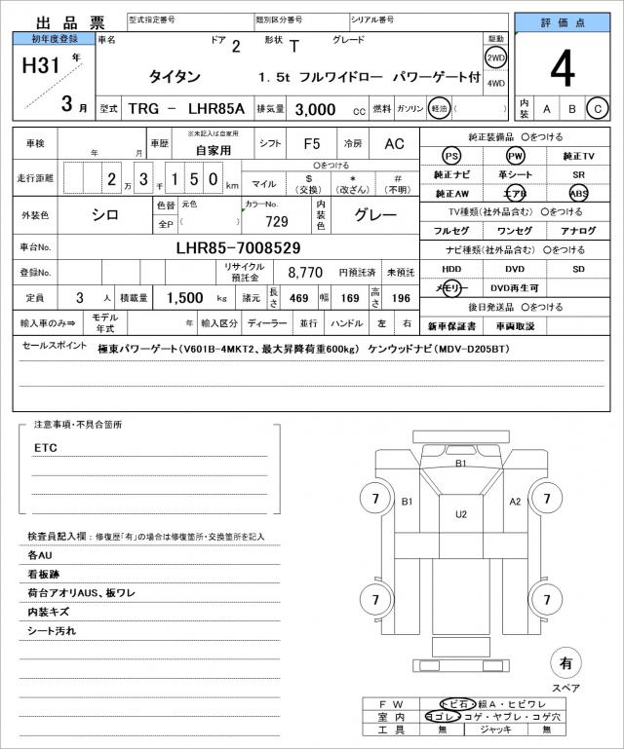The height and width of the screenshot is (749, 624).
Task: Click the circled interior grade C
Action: point(598,108)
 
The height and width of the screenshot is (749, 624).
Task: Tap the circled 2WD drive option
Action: point(495,56)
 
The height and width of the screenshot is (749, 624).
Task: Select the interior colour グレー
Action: point(374,215)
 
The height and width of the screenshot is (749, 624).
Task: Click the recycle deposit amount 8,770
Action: point(305,274)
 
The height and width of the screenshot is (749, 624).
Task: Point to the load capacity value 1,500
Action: point(182,297)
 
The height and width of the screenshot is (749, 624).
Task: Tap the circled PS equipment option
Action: point(450,156)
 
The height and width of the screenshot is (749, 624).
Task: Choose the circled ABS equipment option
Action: point(579,193)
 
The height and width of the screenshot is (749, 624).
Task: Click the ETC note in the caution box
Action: point(46,448)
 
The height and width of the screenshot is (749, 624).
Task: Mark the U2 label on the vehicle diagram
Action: point(461,512)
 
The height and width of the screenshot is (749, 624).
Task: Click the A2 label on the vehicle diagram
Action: point(516,501)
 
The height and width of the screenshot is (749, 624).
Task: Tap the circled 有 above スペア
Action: point(565,663)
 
